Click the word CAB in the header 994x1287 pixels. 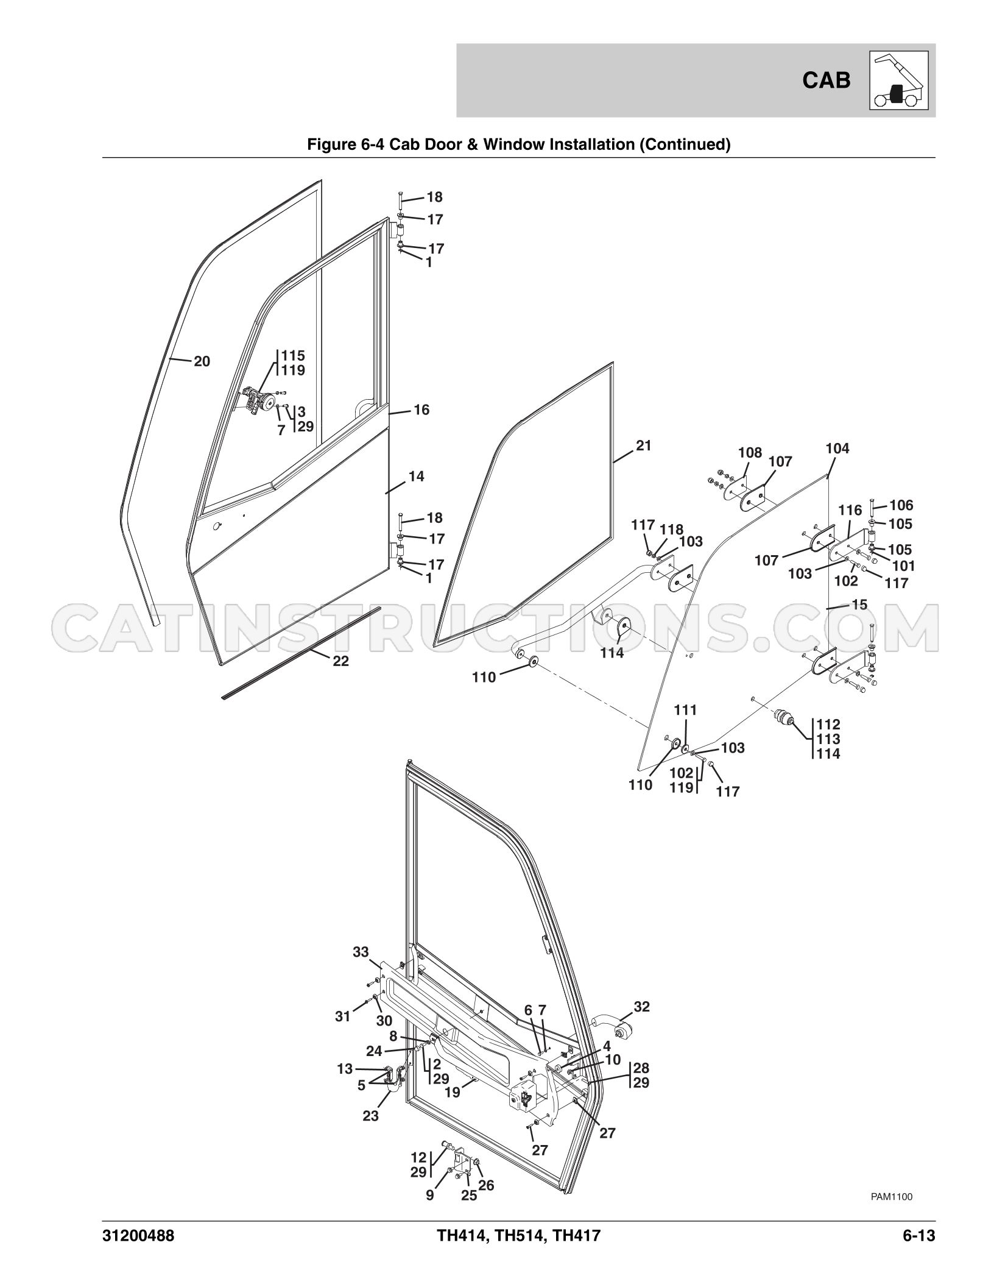[827, 80]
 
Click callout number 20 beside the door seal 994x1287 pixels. [202, 361]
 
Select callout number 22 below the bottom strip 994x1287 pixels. [340, 661]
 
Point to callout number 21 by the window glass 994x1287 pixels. [643, 445]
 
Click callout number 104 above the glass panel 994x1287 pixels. [837, 448]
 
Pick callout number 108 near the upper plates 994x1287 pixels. [750, 453]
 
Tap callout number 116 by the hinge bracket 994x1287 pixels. [850, 510]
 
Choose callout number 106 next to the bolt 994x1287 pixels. [901, 505]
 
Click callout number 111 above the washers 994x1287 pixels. [685, 711]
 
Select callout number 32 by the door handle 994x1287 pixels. [641, 1007]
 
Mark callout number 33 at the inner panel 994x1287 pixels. [361, 952]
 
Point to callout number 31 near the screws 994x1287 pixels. [343, 1016]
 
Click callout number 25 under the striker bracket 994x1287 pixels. [468, 1195]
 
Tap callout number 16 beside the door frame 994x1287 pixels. [421, 410]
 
